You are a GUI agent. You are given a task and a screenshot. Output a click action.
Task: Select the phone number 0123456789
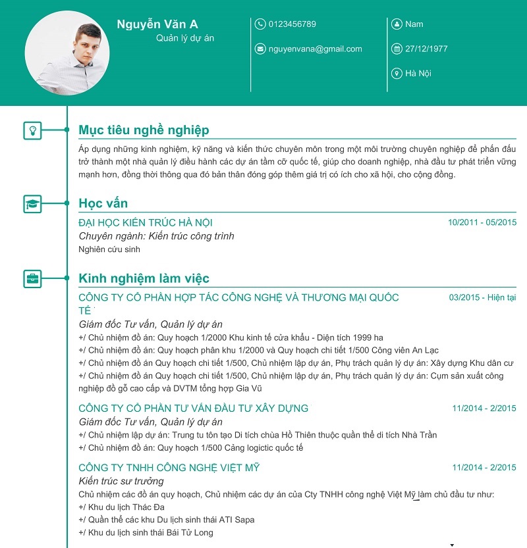(x=292, y=24)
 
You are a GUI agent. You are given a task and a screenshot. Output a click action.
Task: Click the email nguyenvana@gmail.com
(x=315, y=49)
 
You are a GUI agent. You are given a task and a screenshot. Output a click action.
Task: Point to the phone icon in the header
(x=260, y=24)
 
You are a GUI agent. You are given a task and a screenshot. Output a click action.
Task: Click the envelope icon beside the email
(x=260, y=49)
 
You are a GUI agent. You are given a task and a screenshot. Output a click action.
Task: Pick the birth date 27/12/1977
(x=426, y=49)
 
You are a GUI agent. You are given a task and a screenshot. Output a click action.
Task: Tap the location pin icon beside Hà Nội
(x=397, y=73)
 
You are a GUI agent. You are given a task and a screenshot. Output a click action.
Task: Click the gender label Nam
(x=414, y=24)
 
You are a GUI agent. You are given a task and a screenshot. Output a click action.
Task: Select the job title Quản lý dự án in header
(x=185, y=38)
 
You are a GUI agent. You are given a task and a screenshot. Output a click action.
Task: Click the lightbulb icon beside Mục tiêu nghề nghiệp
(x=32, y=130)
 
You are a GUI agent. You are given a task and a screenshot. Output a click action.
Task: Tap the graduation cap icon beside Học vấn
(x=32, y=203)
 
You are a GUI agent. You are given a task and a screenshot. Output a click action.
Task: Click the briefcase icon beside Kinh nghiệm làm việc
(x=32, y=278)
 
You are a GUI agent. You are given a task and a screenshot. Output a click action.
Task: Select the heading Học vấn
(x=103, y=203)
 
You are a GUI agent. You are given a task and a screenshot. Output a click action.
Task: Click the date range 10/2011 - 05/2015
(x=482, y=222)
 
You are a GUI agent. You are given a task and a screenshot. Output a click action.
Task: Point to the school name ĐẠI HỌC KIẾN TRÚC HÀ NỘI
(x=146, y=223)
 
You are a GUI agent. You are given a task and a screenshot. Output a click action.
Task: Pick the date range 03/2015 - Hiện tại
(x=482, y=297)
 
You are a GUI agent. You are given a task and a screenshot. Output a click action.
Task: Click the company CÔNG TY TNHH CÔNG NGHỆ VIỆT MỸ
(x=169, y=468)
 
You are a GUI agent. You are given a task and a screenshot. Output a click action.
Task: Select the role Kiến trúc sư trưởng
(x=121, y=481)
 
